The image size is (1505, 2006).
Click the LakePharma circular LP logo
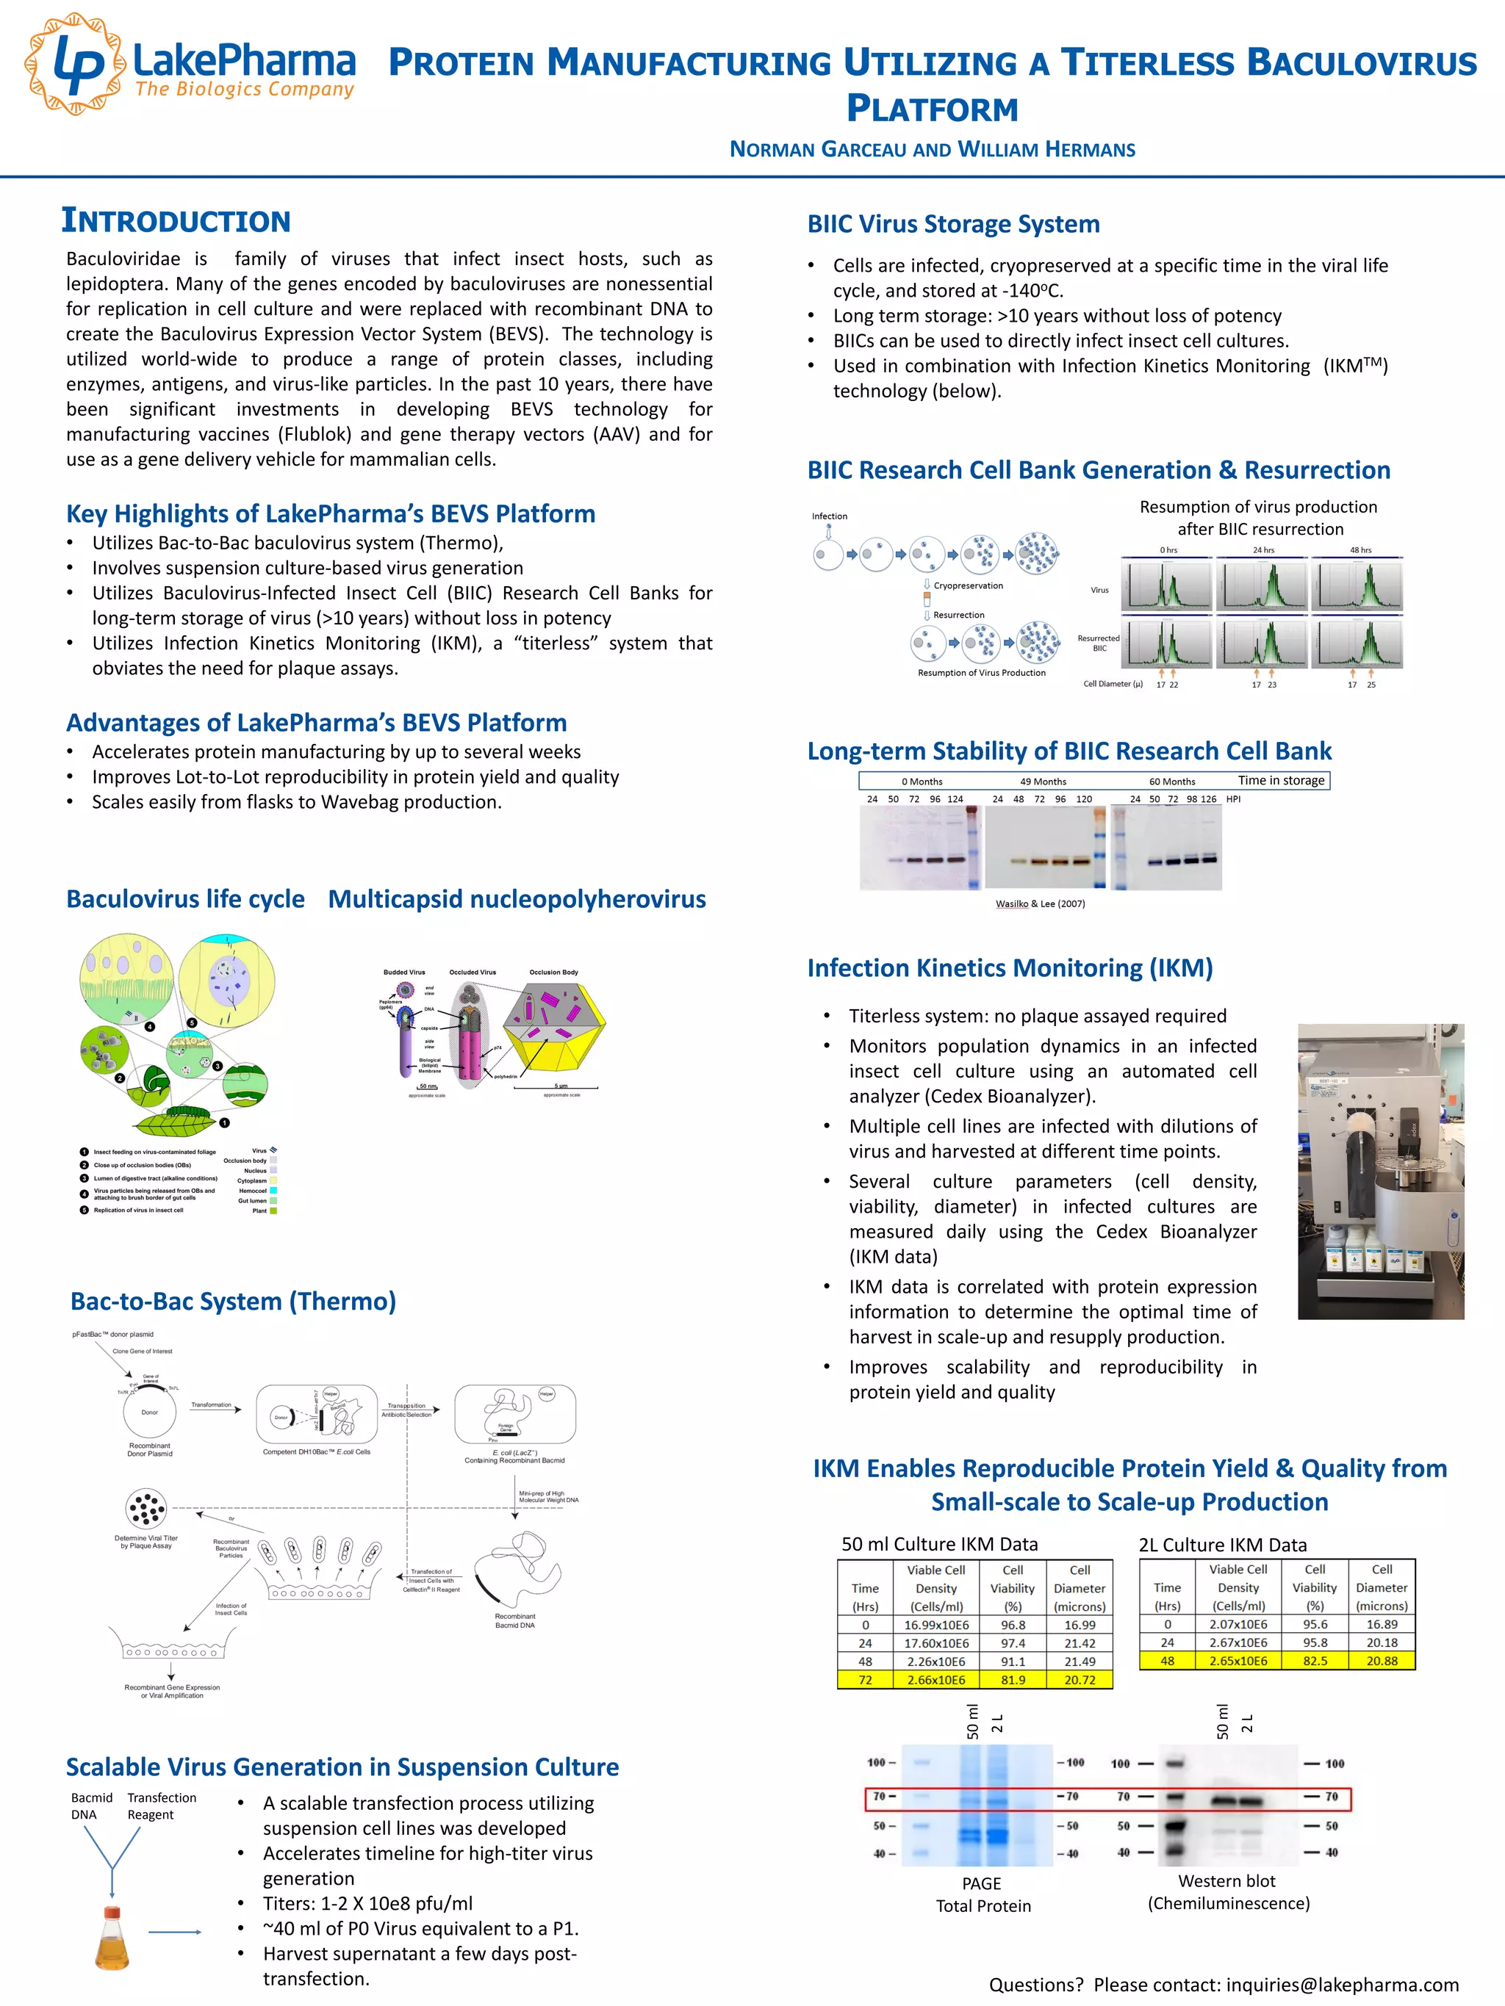click(74, 63)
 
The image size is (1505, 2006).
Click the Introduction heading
click(176, 220)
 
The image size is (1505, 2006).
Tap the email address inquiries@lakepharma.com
click(1342, 1984)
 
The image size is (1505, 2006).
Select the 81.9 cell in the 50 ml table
click(1013, 1680)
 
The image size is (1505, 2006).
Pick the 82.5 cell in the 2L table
click(1315, 1661)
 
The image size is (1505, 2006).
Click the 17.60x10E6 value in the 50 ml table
click(936, 1642)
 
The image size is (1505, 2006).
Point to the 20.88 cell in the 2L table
click(1382, 1661)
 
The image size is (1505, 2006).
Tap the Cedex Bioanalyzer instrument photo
click(1380, 1171)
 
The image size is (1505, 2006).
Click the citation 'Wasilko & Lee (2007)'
click(1040, 903)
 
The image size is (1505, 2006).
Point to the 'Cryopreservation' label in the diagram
click(968, 586)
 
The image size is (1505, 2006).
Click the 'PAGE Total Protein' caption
click(983, 1894)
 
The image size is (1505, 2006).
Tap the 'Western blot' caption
click(1226, 1882)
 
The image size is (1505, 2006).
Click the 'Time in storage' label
click(1281, 780)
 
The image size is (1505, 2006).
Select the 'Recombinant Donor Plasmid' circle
click(150, 1412)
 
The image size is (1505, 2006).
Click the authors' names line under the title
click(933, 150)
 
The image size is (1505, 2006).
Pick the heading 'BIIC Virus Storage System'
click(953, 224)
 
